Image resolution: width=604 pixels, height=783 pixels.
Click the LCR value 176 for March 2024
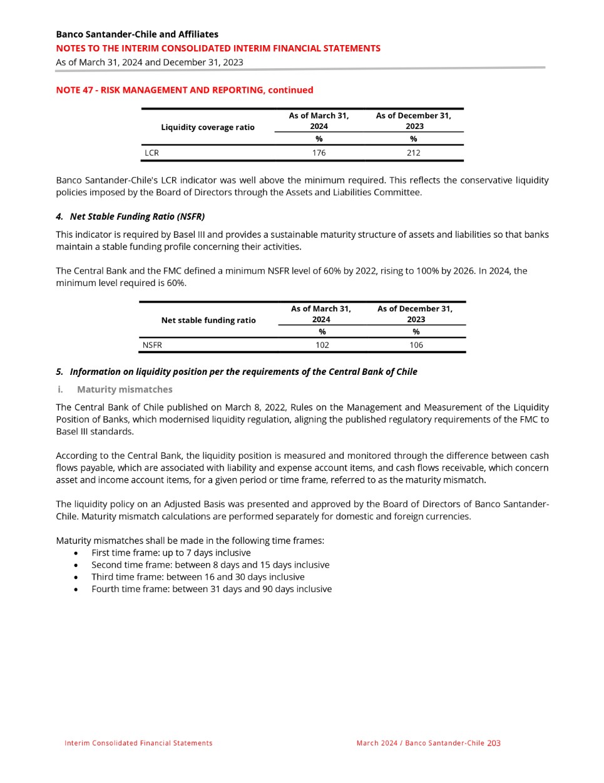point(319,153)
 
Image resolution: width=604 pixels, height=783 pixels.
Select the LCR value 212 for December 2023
point(414,153)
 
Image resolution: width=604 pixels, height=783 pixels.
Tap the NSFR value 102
point(322,345)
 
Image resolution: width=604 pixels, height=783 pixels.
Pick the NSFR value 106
point(416,345)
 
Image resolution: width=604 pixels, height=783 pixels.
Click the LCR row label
point(151,153)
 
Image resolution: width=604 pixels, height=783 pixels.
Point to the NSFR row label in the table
point(152,345)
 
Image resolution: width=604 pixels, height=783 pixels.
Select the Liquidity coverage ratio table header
point(208,127)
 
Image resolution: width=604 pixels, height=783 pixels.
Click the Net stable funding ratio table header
point(208,320)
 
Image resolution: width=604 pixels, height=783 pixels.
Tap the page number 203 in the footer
point(494,743)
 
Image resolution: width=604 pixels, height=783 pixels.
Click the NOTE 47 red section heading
point(185,90)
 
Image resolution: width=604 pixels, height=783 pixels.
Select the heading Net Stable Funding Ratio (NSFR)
point(137,217)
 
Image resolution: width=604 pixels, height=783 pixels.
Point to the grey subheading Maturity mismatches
point(125,389)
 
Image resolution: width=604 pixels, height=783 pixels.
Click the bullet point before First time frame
point(76,553)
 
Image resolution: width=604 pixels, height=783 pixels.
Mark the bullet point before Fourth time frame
point(76,590)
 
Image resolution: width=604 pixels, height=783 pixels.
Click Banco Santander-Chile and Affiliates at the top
point(137,34)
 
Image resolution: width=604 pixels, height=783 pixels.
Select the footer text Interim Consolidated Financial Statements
point(138,743)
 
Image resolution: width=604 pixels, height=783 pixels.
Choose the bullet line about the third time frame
point(198,577)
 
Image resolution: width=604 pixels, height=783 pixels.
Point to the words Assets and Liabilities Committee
point(346,193)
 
